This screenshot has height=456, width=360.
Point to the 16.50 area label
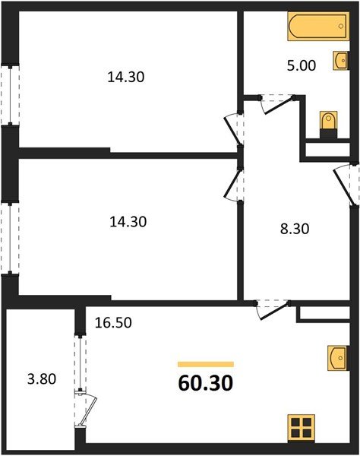pyautogui.click(x=115, y=321)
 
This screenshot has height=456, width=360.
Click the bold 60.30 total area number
pyautogui.click(x=205, y=380)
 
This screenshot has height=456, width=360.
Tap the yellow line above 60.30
pyautogui.click(x=205, y=364)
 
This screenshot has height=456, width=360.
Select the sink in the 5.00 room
pyautogui.click(x=339, y=59)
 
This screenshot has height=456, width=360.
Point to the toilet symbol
pyautogui.click(x=327, y=122)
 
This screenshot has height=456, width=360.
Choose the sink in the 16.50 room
pyautogui.click(x=339, y=357)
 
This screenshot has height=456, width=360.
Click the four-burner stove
pyautogui.click(x=302, y=427)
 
